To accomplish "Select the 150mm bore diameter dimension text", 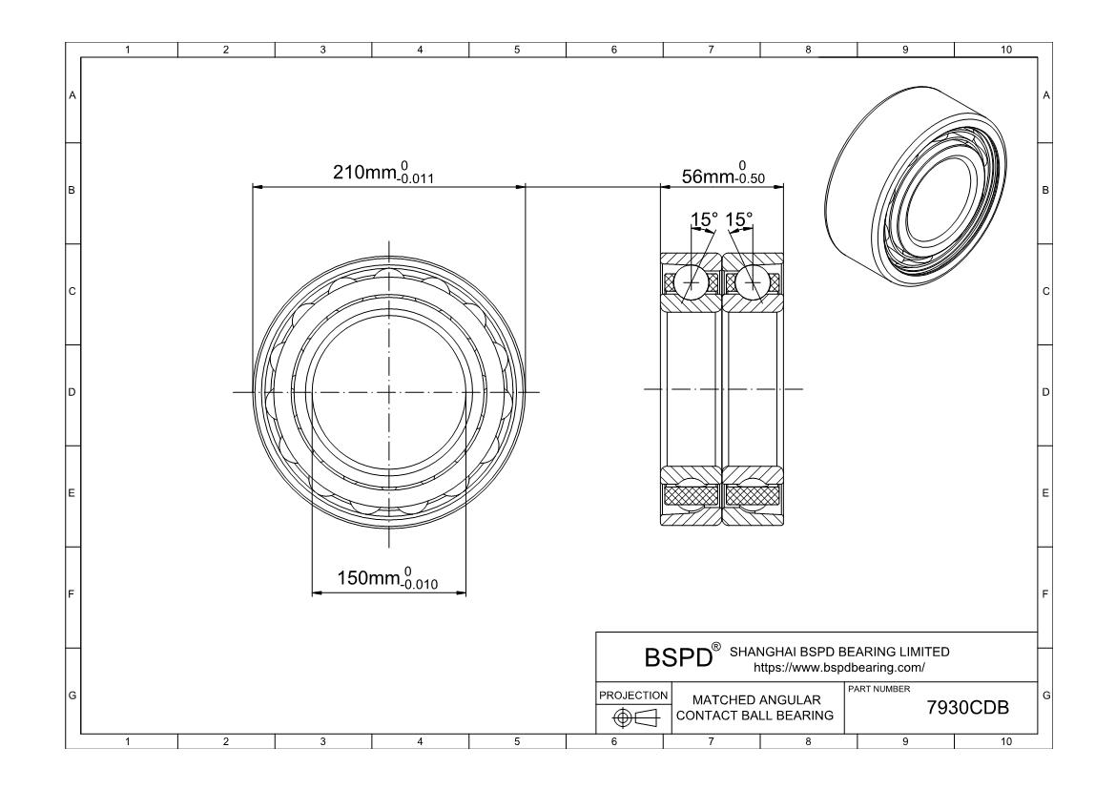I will (387, 579).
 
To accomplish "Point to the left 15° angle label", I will (704, 219).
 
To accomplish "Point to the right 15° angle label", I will (739, 219).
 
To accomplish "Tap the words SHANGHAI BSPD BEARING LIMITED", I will (839, 652).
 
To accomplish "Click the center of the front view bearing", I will (389, 391).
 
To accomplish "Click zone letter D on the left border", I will (72, 392).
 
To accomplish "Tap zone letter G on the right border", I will (1046, 695).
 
